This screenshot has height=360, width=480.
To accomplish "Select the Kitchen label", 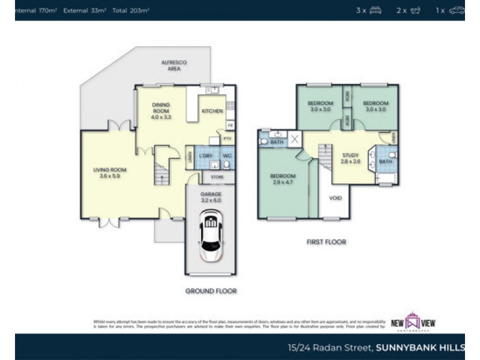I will tap(212, 111).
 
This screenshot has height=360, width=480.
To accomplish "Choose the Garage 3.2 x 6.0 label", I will tap(211, 197).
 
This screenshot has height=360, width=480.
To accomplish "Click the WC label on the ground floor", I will tap(227, 156).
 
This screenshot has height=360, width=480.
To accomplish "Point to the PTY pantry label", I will tap(227, 139).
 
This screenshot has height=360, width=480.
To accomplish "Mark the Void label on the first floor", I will tap(335, 198).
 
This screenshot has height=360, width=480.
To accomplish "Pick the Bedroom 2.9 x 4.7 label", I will tap(281, 179).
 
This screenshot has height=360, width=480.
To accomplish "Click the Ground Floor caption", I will tap(211, 291).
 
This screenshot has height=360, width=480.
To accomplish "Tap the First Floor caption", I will tap(325, 242).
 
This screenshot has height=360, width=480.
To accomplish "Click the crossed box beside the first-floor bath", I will tap(295, 140).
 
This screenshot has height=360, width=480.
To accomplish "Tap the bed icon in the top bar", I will tap(376, 10).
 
